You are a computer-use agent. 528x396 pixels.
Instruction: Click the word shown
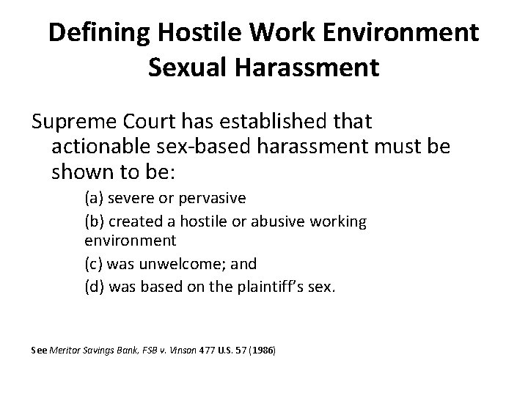(80, 172)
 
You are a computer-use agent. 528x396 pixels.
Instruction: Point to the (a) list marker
(93, 199)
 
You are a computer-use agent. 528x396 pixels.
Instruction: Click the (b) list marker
(94, 221)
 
